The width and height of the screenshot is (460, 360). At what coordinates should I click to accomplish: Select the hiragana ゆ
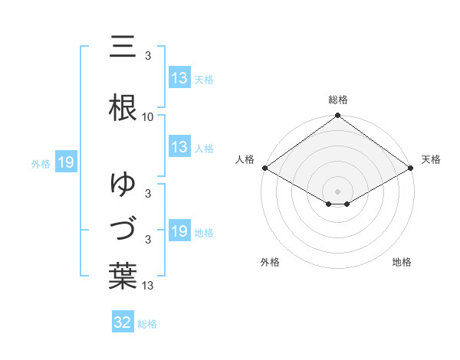click(123, 184)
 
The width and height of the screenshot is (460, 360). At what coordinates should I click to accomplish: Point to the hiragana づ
click(123, 230)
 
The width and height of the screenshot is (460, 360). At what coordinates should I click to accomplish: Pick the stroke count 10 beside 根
click(148, 117)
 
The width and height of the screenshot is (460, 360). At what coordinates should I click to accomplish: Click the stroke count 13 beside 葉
click(148, 286)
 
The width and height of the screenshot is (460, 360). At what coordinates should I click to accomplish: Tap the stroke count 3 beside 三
click(148, 56)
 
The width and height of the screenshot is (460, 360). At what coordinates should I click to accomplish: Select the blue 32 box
click(123, 322)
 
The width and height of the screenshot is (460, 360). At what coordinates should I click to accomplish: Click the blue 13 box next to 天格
click(179, 78)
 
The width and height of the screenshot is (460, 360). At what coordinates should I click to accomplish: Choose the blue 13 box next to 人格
click(179, 147)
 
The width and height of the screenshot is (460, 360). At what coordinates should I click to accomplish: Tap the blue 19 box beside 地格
click(179, 231)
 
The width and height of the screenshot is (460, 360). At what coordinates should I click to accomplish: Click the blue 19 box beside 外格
click(65, 162)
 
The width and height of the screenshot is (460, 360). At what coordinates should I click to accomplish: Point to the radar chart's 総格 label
click(338, 100)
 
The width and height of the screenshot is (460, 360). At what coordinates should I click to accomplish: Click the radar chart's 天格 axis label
click(432, 159)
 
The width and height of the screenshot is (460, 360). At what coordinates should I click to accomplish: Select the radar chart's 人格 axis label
click(245, 159)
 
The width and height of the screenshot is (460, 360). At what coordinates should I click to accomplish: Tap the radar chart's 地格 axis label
click(402, 263)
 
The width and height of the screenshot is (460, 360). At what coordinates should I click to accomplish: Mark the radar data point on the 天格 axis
click(412, 168)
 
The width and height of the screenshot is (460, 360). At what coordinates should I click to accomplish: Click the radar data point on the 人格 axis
click(264, 168)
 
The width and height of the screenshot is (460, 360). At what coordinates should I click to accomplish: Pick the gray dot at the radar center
click(338, 191)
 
